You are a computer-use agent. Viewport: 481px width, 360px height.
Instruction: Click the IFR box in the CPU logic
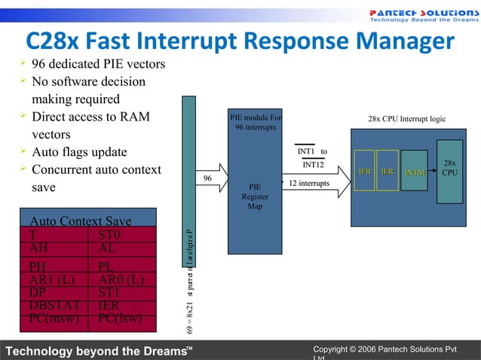click(x=364, y=172)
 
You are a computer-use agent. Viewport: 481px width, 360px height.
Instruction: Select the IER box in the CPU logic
click(x=387, y=172)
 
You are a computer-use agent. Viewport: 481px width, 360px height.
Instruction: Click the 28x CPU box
click(x=449, y=168)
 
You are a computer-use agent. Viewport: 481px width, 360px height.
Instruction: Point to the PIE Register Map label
click(x=255, y=197)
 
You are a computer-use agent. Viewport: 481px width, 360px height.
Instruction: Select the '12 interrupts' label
click(x=309, y=184)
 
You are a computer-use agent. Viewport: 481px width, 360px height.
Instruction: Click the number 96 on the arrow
click(x=208, y=178)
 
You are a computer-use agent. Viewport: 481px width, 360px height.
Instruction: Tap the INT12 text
click(x=313, y=165)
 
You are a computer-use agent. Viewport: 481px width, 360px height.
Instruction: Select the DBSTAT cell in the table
click(x=48, y=305)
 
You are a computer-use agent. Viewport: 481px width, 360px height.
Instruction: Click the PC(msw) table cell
click(x=50, y=318)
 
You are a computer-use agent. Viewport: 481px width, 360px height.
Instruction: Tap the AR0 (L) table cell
click(x=121, y=279)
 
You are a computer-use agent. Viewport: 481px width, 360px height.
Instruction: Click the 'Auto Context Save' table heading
click(x=80, y=221)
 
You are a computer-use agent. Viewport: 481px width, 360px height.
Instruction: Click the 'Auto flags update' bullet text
click(x=79, y=151)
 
